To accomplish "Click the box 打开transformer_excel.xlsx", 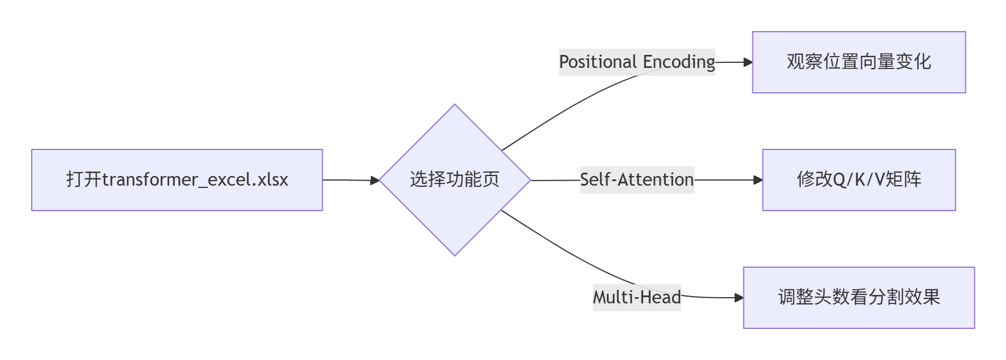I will [x=177, y=180].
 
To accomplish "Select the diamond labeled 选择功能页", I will [x=455, y=180].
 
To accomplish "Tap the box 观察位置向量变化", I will [x=858, y=62].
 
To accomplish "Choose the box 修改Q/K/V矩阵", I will [x=858, y=180].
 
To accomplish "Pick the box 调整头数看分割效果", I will [x=858, y=298].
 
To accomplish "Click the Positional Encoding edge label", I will [x=636, y=62].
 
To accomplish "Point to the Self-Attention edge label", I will [x=636, y=180].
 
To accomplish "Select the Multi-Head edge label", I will [x=636, y=298].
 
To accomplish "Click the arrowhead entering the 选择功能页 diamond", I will [x=375, y=181].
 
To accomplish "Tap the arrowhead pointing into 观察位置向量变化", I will [x=748, y=62].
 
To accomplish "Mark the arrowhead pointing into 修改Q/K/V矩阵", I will [x=758, y=180].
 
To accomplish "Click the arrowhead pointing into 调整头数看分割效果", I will [x=739, y=298].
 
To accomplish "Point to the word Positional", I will [x=598, y=62].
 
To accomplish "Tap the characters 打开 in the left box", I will [x=84, y=180].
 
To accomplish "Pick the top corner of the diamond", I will [x=455, y=106].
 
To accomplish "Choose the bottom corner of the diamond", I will [x=455, y=254].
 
